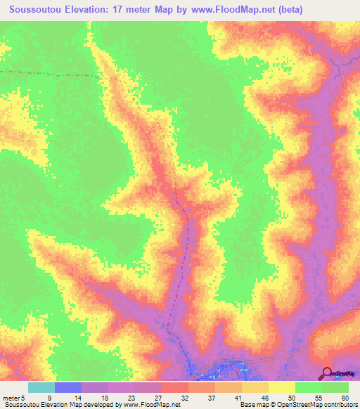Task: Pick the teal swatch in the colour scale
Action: point(41,387)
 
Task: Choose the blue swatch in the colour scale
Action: point(67,387)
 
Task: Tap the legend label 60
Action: point(345,398)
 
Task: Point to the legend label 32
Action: point(185,398)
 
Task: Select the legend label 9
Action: point(49,398)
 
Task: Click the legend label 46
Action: point(264,398)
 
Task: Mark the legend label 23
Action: point(131,398)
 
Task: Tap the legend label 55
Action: point(318,398)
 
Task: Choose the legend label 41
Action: point(238,398)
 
